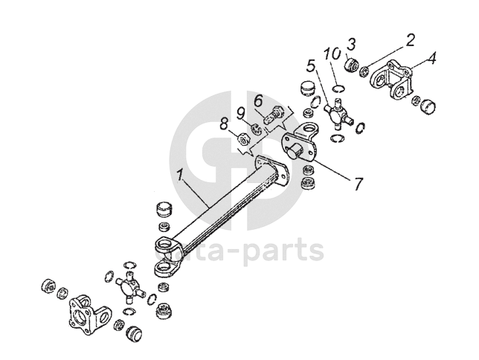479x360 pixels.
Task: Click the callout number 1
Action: pos(181,176)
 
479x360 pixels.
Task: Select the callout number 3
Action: pos(353,43)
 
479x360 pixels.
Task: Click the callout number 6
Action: pos(258,100)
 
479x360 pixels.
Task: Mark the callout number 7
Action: pos(358,183)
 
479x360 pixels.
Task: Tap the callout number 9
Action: pos(242,112)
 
